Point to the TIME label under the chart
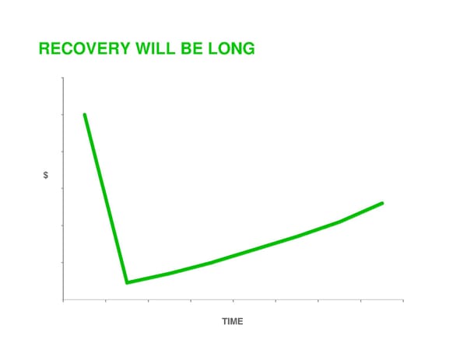click(232, 321)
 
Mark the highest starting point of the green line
click(84, 114)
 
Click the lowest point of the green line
click(127, 282)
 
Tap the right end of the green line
click(382, 203)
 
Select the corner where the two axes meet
click(63, 299)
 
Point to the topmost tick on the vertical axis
click(62, 79)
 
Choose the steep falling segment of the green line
click(105, 198)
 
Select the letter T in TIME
click(224, 321)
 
